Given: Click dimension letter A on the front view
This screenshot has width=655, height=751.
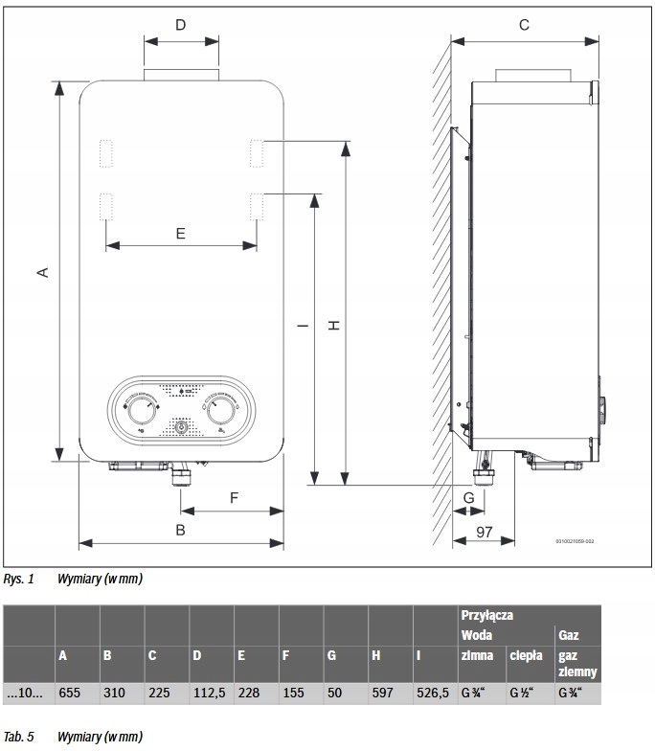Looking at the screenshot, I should point(42,272).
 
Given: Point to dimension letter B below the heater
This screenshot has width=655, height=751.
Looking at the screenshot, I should point(180,530).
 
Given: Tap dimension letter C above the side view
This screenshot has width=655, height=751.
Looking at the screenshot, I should point(524,26).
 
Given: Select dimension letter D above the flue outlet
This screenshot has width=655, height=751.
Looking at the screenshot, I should point(181,25).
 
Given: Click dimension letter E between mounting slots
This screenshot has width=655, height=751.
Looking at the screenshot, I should point(181,233).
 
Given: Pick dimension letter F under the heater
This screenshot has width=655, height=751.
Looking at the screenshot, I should point(233,497).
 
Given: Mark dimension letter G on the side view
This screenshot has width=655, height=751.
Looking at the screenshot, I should point(468,498).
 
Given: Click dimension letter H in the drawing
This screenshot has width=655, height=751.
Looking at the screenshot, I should point(334,326).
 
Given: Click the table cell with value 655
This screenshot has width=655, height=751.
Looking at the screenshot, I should point(71,692).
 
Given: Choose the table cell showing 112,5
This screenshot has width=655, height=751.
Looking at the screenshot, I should point(208,692).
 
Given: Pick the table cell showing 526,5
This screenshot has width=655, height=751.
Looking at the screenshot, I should point(433,692).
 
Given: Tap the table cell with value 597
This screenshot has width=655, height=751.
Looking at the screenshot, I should point(383,692).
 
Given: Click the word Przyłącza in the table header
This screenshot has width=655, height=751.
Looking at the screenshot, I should point(486,615).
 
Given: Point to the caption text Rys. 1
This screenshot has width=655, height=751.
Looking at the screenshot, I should point(18,579).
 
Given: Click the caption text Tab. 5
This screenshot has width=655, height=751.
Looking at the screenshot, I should point(18,737).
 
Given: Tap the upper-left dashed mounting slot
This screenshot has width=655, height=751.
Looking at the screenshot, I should point(105,152).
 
